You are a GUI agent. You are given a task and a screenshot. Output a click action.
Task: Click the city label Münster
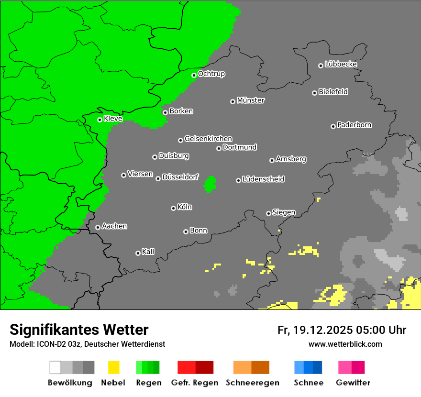tap(251, 100)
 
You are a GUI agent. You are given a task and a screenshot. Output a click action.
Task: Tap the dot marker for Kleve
tap(100, 120)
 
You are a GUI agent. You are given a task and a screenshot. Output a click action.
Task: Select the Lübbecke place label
tap(341, 64)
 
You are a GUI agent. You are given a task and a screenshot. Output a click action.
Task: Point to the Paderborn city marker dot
tap(333, 126)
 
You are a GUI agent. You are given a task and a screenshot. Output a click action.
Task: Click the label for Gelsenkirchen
tap(208, 139)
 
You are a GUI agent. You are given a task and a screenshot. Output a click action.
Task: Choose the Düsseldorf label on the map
tap(180, 177)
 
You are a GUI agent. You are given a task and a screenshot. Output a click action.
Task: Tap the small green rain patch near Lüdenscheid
tap(210, 184)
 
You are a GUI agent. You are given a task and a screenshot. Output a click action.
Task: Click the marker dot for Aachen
tap(98, 227)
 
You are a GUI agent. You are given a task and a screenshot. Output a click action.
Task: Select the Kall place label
tap(148, 252)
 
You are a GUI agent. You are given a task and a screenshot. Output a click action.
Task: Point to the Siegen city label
tap(284, 212)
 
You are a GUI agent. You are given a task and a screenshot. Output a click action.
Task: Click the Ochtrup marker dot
tap(194, 75)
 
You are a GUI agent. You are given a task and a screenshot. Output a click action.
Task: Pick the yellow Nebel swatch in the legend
tap(113, 367)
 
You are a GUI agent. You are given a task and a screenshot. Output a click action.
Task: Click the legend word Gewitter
tap(353, 383)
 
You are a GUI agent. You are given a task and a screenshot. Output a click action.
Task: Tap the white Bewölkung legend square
tap(55, 367)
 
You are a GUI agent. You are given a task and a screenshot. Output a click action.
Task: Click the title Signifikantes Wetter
tap(79, 330)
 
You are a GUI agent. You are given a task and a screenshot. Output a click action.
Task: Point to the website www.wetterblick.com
tap(345, 344)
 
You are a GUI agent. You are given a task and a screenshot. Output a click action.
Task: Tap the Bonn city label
tap(199, 231)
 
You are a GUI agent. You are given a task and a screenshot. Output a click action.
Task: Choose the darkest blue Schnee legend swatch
tap(318, 367)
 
